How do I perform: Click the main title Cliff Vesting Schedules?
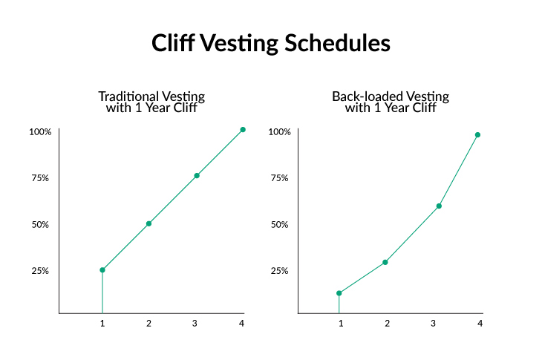271,43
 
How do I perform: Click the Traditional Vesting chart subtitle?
151,102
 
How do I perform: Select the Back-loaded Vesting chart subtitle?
390,102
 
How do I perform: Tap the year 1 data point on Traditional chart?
102,269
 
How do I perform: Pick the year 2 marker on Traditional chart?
148,223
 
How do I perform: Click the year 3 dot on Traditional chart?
197,176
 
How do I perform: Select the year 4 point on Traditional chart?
243,130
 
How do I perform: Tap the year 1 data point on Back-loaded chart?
339,293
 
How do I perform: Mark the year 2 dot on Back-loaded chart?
385,262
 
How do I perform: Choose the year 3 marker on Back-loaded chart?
439,206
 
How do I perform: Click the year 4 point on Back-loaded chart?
477,135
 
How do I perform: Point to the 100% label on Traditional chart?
40,132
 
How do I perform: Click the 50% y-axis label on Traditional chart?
41,224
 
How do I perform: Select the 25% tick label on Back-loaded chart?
280,270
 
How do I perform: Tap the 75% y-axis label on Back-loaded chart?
280,178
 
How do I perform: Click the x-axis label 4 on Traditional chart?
241,324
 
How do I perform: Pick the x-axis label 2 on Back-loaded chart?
387,324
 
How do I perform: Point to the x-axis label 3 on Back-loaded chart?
433,324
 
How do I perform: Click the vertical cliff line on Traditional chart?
102,292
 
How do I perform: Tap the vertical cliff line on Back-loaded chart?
339,304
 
